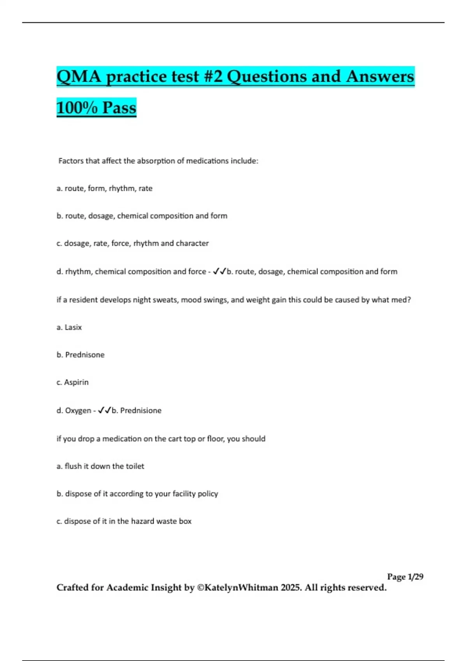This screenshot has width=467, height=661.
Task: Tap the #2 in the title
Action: point(212,77)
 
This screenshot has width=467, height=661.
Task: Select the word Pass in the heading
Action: point(119,108)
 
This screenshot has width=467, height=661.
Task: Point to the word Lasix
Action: point(73,327)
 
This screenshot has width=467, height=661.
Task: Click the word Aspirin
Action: point(76,382)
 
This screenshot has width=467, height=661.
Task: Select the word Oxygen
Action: point(78,411)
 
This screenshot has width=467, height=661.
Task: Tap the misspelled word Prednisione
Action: point(140,411)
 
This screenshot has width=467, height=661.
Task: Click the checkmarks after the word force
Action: point(219,271)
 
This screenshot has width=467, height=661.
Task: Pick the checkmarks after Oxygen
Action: point(105,410)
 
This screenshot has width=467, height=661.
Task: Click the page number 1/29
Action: point(415,577)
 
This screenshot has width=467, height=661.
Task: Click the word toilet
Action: point(135,466)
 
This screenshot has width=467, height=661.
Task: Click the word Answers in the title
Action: point(380,77)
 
